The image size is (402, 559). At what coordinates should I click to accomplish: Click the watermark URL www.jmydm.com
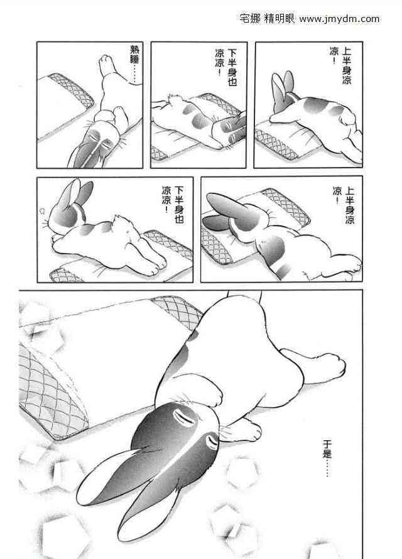tap(339, 19)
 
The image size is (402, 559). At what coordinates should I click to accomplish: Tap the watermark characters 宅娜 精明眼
tap(268, 19)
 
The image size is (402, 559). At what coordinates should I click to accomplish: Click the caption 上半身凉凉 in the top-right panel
tap(340, 65)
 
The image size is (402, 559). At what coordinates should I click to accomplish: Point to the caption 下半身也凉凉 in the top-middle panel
tap(226, 67)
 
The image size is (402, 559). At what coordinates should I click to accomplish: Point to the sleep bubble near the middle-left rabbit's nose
tap(41, 212)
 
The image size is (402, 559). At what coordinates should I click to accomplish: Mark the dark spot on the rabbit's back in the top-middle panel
tap(198, 121)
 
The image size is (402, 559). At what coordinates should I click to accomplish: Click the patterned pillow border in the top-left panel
tap(71, 89)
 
